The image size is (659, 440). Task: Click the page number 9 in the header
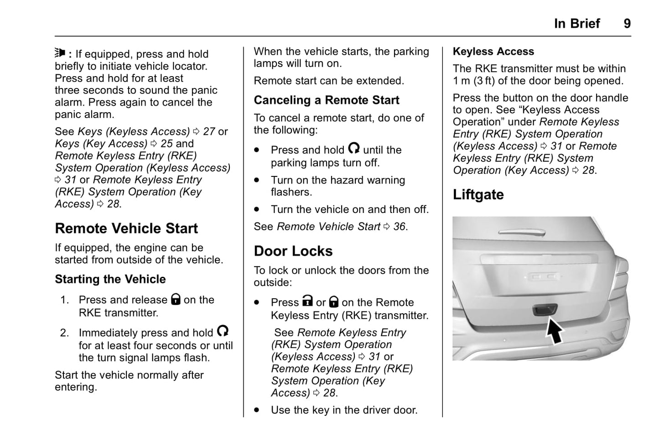pos(627,24)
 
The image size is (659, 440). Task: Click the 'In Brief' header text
pos(576,24)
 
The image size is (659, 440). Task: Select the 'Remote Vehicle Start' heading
pos(126,228)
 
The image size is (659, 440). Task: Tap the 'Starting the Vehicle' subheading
pos(110,279)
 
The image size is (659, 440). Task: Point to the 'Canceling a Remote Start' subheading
pos(327,100)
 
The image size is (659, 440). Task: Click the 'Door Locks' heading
pos(293,251)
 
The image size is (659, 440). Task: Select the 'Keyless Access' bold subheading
pos(493,52)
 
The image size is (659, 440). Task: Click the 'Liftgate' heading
pos(478,195)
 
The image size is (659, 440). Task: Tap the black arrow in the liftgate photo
pos(555,331)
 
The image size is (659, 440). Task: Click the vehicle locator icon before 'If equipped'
pos(60,53)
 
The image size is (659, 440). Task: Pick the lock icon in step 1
pos(176,299)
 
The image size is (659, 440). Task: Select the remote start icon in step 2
pos(223,331)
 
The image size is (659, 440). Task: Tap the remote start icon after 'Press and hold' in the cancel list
pos(354,148)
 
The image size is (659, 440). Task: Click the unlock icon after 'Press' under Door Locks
pos(308,301)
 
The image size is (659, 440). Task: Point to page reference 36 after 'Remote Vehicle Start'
pos(400,227)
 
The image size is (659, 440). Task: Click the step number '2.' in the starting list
pos(65,333)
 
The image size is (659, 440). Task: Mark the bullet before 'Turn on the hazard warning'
pos(257,180)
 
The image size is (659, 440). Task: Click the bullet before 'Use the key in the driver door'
pos(257,410)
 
